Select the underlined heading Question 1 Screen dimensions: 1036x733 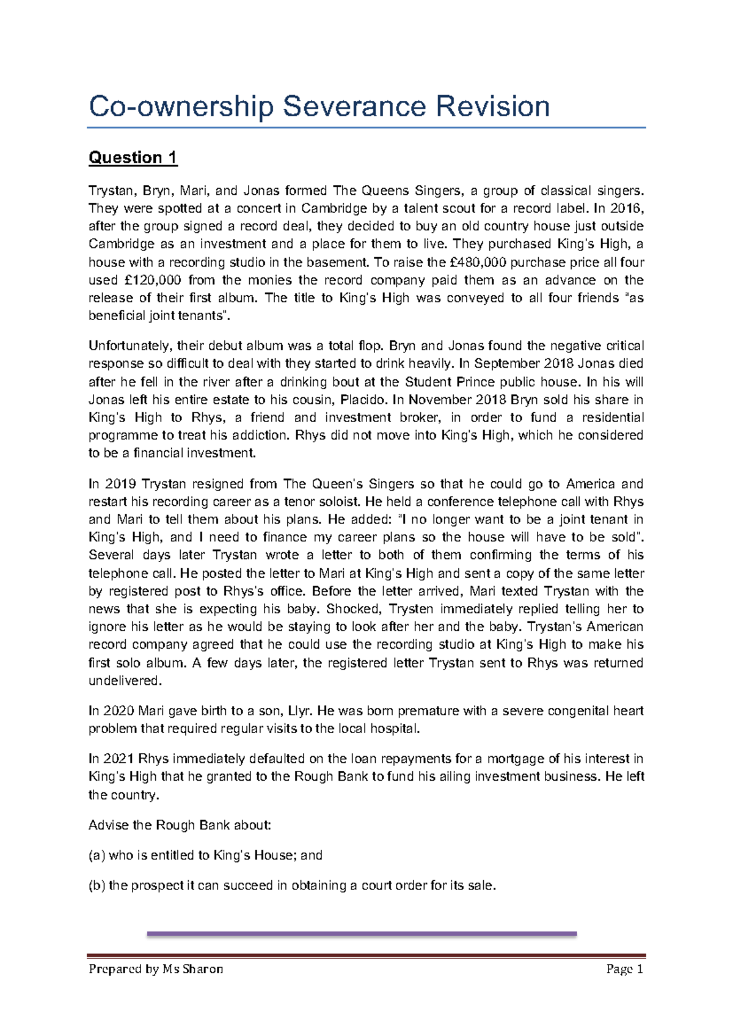click(x=133, y=158)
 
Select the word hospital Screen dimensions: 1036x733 click(x=398, y=729)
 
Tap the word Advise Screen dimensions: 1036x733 click(x=107, y=825)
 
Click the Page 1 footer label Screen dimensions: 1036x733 click(x=624, y=969)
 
